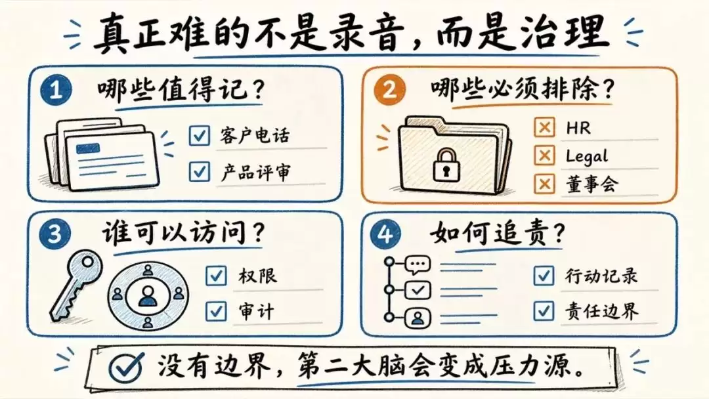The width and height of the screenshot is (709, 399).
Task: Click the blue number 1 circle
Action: [56, 89]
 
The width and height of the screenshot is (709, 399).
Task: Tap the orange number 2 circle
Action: [389, 89]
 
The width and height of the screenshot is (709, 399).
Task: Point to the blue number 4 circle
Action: [386, 234]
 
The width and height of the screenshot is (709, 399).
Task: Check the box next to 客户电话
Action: [200, 135]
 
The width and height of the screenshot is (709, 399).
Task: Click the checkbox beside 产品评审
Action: [200, 171]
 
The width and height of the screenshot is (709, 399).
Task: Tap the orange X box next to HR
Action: [544, 127]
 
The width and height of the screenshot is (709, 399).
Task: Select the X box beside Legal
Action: [544, 156]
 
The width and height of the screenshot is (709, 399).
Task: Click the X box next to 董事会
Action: [544, 184]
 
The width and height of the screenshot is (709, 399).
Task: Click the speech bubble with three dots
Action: [418, 265]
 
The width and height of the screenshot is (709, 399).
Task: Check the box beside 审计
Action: [216, 311]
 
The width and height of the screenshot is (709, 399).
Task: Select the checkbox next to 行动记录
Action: [544, 275]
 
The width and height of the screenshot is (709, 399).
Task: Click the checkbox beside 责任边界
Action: [544, 311]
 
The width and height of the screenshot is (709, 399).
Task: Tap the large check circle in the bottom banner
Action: [126, 366]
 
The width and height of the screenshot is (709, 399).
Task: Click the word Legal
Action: [586, 156]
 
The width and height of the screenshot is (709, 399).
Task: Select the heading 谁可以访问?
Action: [183, 233]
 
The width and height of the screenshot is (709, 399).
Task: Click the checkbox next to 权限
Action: [216, 275]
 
